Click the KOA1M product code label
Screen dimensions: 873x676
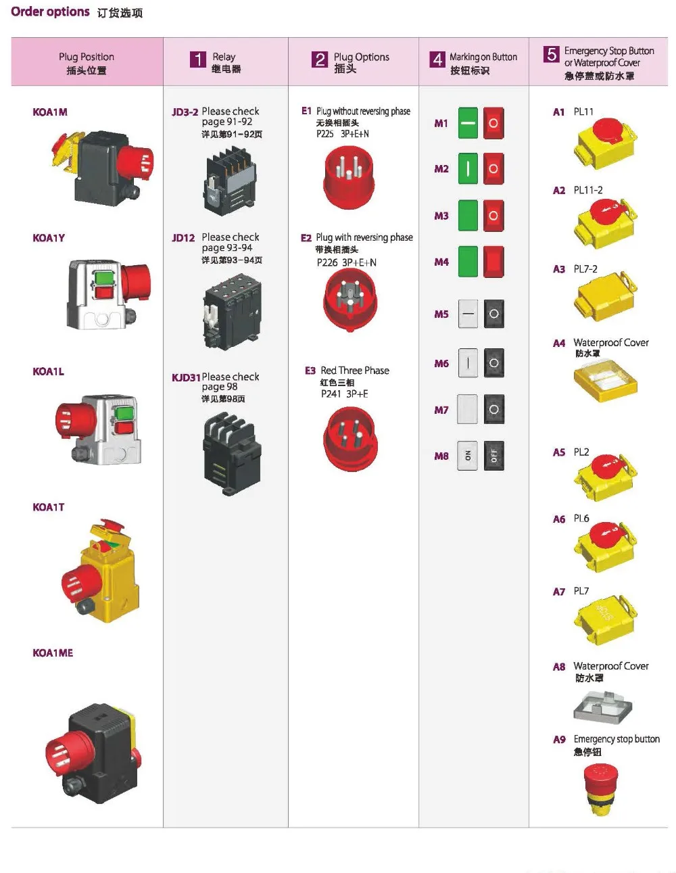pos(50,112)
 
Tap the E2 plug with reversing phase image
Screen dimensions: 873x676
pos(350,299)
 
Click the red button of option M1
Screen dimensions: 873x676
pos(493,123)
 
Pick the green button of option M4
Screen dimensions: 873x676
pos(468,262)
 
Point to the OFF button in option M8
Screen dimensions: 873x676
pos(494,456)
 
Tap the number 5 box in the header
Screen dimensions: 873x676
pos(552,54)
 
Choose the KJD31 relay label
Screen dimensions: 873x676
pos(186,377)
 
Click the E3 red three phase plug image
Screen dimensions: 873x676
pos(350,439)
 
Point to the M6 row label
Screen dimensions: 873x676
pos(441,364)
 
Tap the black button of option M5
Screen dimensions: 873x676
pos(494,314)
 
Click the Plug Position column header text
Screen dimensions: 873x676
pos(87,57)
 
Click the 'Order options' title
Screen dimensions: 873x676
pos(50,11)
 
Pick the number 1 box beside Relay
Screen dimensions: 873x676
pos(197,60)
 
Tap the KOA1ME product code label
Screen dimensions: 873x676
pos(53,653)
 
